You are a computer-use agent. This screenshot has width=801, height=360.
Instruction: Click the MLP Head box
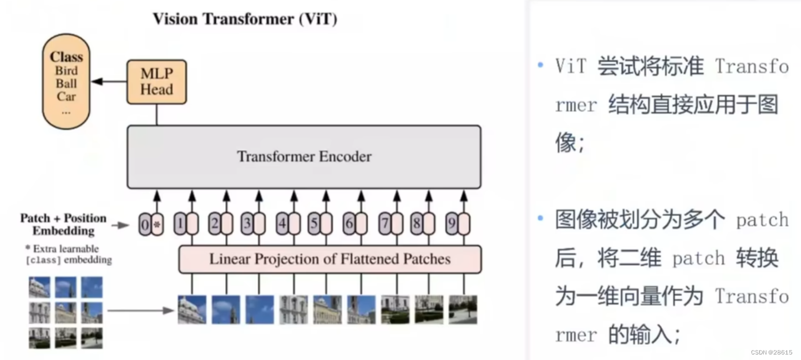pyautogui.click(x=156, y=82)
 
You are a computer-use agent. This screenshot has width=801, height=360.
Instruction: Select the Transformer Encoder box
pyautogui.click(x=304, y=156)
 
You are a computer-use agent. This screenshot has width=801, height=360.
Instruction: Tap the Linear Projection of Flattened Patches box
pyautogui.click(x=329, y=259)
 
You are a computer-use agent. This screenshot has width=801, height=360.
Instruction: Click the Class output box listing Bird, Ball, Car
pyautogui.click(x=66, y=82)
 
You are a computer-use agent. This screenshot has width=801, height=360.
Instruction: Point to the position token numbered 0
pyautogui.click(x=145, y=225)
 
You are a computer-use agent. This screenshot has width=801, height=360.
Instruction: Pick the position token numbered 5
pyautogui.click(x=314, y=225)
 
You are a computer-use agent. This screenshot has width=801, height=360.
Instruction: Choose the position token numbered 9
pyautogui.click(x=452, y=225)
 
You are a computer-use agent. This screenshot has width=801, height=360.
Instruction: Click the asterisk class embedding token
pyautogui.click(x=158, y=225)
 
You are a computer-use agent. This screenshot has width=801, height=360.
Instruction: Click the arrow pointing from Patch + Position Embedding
pyautogui.click(x=120, y=225)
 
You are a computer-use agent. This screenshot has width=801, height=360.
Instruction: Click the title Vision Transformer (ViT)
pyautogui.click(x=245, y=19)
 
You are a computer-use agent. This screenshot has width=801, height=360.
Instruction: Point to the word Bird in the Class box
pyautogui.click(x=66, y=71)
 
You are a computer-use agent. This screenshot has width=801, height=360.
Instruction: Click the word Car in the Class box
pyautogui.click(x=66, y=97)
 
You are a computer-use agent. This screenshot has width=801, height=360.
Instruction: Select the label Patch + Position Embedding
pyautogui.click(x=63, y=224)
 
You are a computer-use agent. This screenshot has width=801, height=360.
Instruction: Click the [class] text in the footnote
pyautogui.click(x=42, y=260)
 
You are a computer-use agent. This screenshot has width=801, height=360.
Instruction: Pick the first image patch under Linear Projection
pyautogui.click(x=192, y=310)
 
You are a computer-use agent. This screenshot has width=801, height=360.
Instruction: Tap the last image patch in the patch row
pyautogui.click(x=463, y=310)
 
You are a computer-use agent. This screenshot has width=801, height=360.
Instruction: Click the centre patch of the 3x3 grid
pyautogui.click(x=65, y=312)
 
